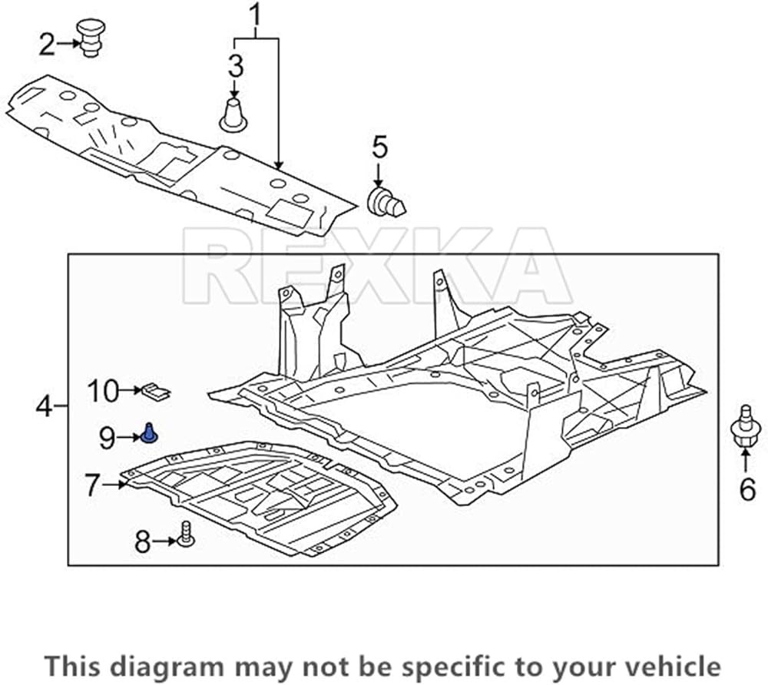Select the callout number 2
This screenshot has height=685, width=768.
48,45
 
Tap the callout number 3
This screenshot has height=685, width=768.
236,66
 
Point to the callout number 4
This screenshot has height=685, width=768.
45,405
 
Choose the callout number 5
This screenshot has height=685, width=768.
379,146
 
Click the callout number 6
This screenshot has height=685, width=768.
747,488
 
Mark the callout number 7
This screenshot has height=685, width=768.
92,485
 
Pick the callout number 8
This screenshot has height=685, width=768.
143,542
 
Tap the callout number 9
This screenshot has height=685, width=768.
107,438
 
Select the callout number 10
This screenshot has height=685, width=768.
102,391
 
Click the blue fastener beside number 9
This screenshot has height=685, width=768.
149,435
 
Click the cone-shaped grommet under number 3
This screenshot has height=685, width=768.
233,115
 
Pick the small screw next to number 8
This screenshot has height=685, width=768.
184,534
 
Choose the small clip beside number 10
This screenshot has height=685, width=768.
155,392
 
